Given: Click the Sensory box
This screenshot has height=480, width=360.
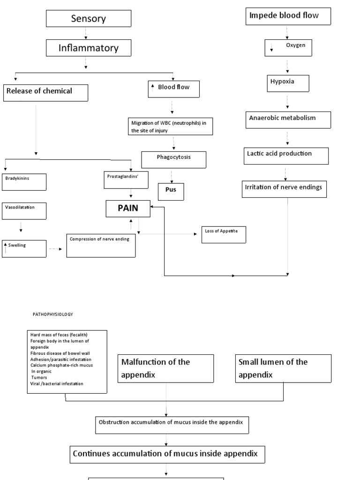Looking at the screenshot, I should [88, 19].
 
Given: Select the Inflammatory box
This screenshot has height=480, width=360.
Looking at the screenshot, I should [88, 48].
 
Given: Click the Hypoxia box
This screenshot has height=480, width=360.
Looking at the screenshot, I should [288, 83].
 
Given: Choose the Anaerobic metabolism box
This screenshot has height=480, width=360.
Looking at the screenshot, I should [289, 120].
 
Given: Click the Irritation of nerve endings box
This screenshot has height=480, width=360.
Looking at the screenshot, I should [284, 189].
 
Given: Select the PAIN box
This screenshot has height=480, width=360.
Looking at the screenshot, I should [128, 209].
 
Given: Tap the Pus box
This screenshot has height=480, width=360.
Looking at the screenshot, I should [171, 191].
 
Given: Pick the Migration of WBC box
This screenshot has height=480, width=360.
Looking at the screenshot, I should [171, 127].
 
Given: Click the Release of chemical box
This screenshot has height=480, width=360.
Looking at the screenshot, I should [45, 92].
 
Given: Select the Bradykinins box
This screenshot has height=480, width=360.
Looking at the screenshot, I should [24, 182].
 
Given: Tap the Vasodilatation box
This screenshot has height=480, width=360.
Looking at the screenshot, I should [24, 210].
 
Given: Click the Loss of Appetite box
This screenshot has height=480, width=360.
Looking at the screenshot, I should [224, 234].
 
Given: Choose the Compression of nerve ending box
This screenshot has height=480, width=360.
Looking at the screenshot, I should [101, 245].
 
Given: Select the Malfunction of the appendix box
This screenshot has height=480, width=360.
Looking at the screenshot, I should [165, 368].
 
